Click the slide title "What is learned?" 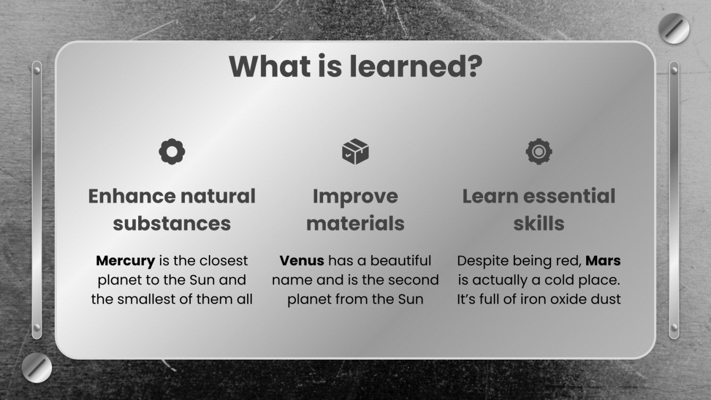pos(355,66)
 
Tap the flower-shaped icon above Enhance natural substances pos(172,152)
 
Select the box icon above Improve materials pos(355,152)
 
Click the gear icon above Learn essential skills pos(539,152)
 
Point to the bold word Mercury pos(125,261)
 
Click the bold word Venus pos(302,261)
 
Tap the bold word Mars pos(605,261)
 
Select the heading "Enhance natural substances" pos(172,209)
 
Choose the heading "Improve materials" pos(355,209)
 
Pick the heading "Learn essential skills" pos(539,209)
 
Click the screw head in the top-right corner pos(674,29)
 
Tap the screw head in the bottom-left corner pos(37,368)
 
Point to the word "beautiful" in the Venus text pos(401,261)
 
